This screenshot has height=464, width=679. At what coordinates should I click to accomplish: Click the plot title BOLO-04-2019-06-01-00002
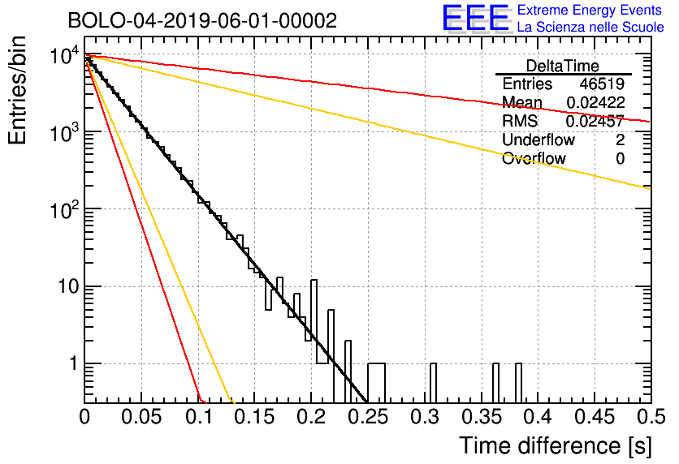202,20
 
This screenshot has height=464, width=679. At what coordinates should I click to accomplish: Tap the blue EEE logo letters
476,18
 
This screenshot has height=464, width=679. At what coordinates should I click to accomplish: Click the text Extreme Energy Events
590,10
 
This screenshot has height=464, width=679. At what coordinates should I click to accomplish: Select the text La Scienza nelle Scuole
590,27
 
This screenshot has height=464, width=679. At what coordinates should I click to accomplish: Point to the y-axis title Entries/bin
17,90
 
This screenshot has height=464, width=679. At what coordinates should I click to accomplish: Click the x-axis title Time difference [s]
556,445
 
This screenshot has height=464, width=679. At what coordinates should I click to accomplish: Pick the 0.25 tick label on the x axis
368,417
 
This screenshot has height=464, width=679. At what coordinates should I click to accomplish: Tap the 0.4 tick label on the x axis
538,417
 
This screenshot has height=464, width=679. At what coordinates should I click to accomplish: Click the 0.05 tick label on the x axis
141,417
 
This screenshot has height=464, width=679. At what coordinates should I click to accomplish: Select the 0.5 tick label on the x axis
651,417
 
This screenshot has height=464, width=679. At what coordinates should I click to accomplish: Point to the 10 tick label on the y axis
68,286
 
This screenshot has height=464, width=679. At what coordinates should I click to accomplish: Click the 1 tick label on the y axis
73,363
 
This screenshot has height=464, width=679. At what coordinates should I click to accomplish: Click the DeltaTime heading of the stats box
563,67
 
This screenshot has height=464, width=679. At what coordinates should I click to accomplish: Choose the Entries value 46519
602,84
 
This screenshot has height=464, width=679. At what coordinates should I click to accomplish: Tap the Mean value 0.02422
595,102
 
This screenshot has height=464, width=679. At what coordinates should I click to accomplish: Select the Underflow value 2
620,140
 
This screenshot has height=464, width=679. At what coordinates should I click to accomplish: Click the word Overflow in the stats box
534,158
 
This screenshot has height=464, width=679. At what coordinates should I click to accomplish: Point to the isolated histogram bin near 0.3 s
433,383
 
